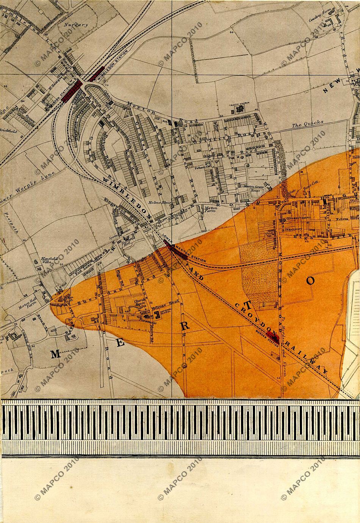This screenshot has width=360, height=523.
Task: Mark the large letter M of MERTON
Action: tap(55, 354)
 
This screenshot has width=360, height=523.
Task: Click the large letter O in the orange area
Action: tap(310, 280)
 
